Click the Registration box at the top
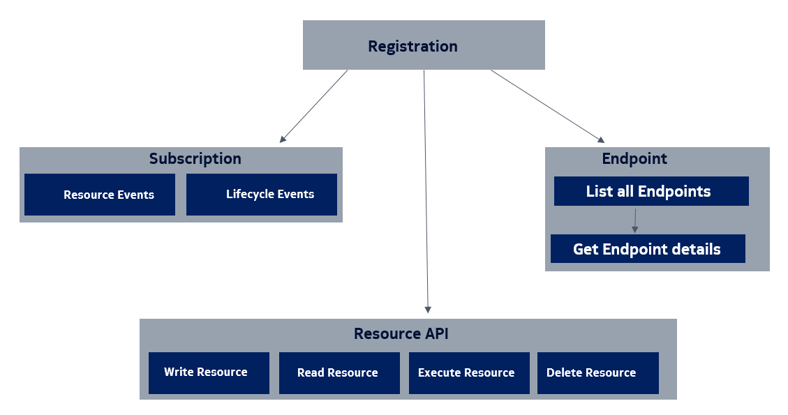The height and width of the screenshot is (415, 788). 423,45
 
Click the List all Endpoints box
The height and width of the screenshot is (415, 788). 651,191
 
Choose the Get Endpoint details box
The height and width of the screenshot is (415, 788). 647,249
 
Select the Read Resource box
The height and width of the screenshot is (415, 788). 339,372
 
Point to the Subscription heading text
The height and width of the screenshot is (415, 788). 195,158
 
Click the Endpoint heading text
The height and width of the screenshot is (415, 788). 634,158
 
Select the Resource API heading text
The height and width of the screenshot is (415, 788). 401,333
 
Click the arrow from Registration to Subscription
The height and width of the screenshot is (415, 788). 313,106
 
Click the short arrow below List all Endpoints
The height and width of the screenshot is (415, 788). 634,220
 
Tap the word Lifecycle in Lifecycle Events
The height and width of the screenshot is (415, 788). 249,195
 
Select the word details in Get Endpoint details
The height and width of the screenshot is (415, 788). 694,249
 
